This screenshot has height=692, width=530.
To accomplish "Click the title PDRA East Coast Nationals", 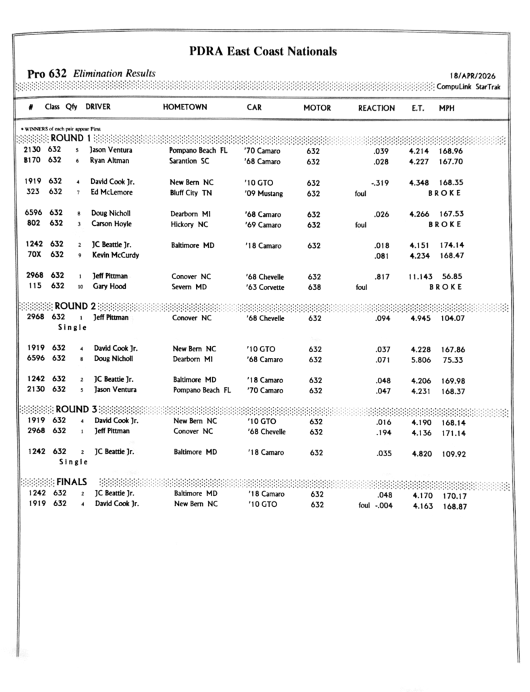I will pyautogui.click(x=263, y=51).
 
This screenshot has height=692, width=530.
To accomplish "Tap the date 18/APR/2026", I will pyautogui.click(x=472, y=76).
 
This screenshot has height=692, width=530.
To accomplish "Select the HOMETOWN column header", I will pyautogui.click(x=185, y=107).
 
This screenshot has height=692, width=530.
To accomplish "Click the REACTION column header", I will pyautogui.click(x=377, y=108).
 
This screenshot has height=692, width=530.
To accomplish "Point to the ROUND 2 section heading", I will pyautogui.click(x=75, y=306).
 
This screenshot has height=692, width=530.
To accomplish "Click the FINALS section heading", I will pyautogui.click(x=71, y=482).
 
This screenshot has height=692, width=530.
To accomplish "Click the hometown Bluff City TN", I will pyautogui.click(x=191, y=193).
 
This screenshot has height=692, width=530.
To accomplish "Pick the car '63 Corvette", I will pyautogui.click(x=265, y=287).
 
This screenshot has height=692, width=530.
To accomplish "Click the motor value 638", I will pyautogui.click(x=314, y=287).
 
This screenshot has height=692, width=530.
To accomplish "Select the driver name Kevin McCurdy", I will pyautogui.click(x=116, y=255).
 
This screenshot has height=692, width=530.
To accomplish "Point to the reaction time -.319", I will pyautogui.click(x=379, y=182).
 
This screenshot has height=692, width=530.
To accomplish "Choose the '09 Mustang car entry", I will pyautogui.click(x=264, y=193).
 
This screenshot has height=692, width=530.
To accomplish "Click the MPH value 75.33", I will pyautogui.click(x=452, y=360).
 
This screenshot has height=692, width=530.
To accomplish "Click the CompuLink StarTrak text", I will pyautogui.click(x=468, y=86).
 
